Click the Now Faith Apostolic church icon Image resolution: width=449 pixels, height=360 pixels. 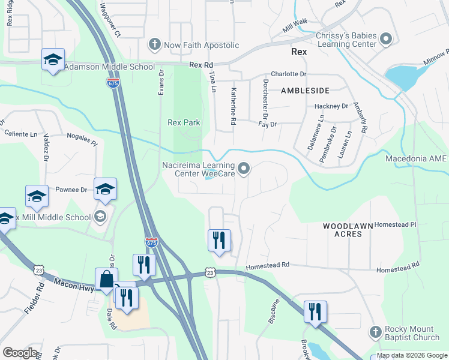click(x=154, y=45)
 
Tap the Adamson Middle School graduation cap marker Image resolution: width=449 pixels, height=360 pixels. click(x=53, y=59)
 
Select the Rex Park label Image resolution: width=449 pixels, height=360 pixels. click(x=184, y=123)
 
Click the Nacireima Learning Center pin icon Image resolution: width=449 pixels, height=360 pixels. click(x=244, y=170)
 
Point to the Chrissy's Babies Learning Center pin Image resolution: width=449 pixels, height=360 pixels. click(x=385, y=40)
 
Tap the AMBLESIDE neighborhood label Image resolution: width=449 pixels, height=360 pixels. click(x=306, y=91)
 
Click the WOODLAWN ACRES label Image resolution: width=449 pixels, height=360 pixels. click(x=343, y=230)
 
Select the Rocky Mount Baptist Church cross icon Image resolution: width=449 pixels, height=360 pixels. click(x=375, y=332)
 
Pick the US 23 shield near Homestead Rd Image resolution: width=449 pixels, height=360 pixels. click(x=209, y=272)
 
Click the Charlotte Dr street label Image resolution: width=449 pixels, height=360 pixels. click(x=288, y=74)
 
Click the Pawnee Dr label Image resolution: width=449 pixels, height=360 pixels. click(x=71, y=190)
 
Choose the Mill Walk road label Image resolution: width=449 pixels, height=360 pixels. click(x=295, y=22)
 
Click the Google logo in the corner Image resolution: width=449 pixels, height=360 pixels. click(x=20, y=352)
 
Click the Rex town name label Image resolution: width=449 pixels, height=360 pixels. click(x=299, y=52)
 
